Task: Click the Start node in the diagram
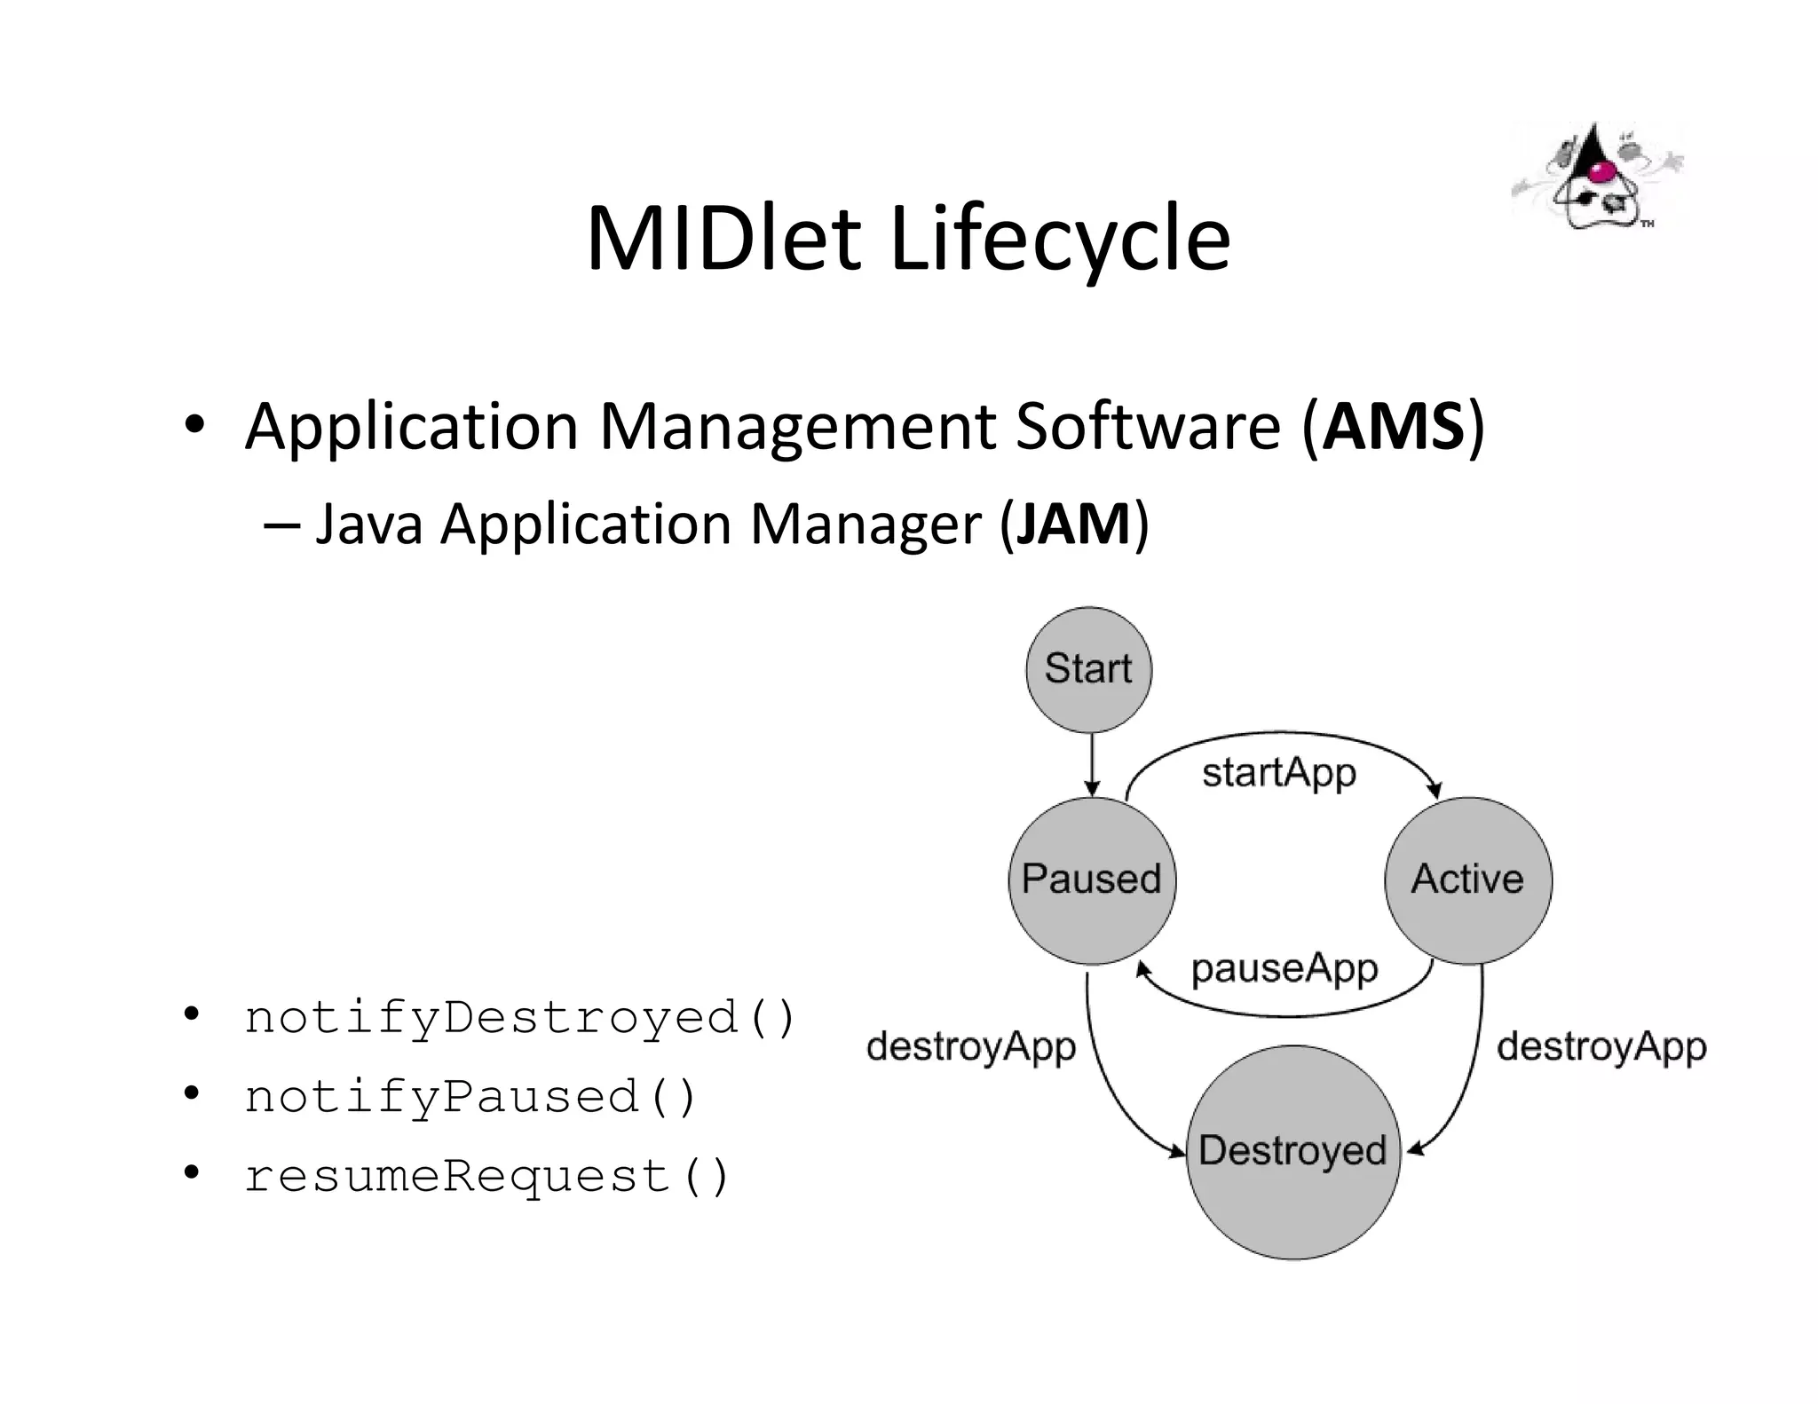[1088, 669]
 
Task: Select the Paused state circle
[1092, 879]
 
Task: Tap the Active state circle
[1468, 879]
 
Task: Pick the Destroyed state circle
[1292, 1151]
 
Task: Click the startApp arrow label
[1278, 772]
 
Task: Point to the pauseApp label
[1284, 968]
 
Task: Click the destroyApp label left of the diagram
[971, 1046]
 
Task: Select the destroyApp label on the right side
[1601, 1046]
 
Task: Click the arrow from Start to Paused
[1092, 763]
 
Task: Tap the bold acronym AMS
[1393, 427]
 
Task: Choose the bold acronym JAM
[1073, 524]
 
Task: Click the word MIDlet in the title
[723, 238]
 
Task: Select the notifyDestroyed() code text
[520, 1017]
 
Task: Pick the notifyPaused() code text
[470, 1097]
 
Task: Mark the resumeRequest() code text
[486, 1176]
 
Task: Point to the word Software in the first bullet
[1148, 427]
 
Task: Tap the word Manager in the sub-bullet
[866, 524]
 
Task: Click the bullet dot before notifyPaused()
[191, 1094]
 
